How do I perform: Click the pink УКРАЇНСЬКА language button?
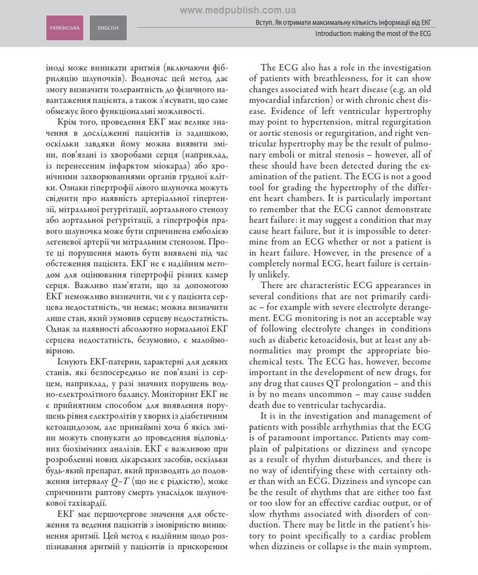pyautogui.click(x=65, y=28)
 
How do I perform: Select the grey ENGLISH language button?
pyautogui.click(x=108, y=28)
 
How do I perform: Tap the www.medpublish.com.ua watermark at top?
pyautogui.click(x=238, y=10)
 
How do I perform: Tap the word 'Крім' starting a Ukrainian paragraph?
pyautogui.click(x=68, y=121)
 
